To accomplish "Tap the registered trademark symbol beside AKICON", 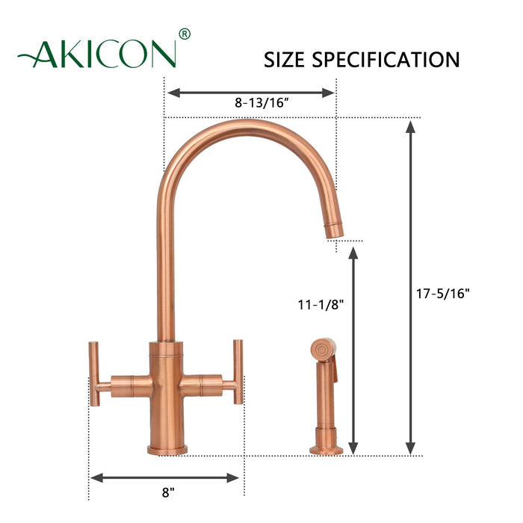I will [185, 34].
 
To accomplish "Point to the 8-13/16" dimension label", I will [251, 105].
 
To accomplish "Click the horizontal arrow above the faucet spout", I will [250, 93].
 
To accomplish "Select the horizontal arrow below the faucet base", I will [165, 477].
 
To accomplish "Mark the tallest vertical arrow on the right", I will [410, 288].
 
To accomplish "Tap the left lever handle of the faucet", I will [95, 374].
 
